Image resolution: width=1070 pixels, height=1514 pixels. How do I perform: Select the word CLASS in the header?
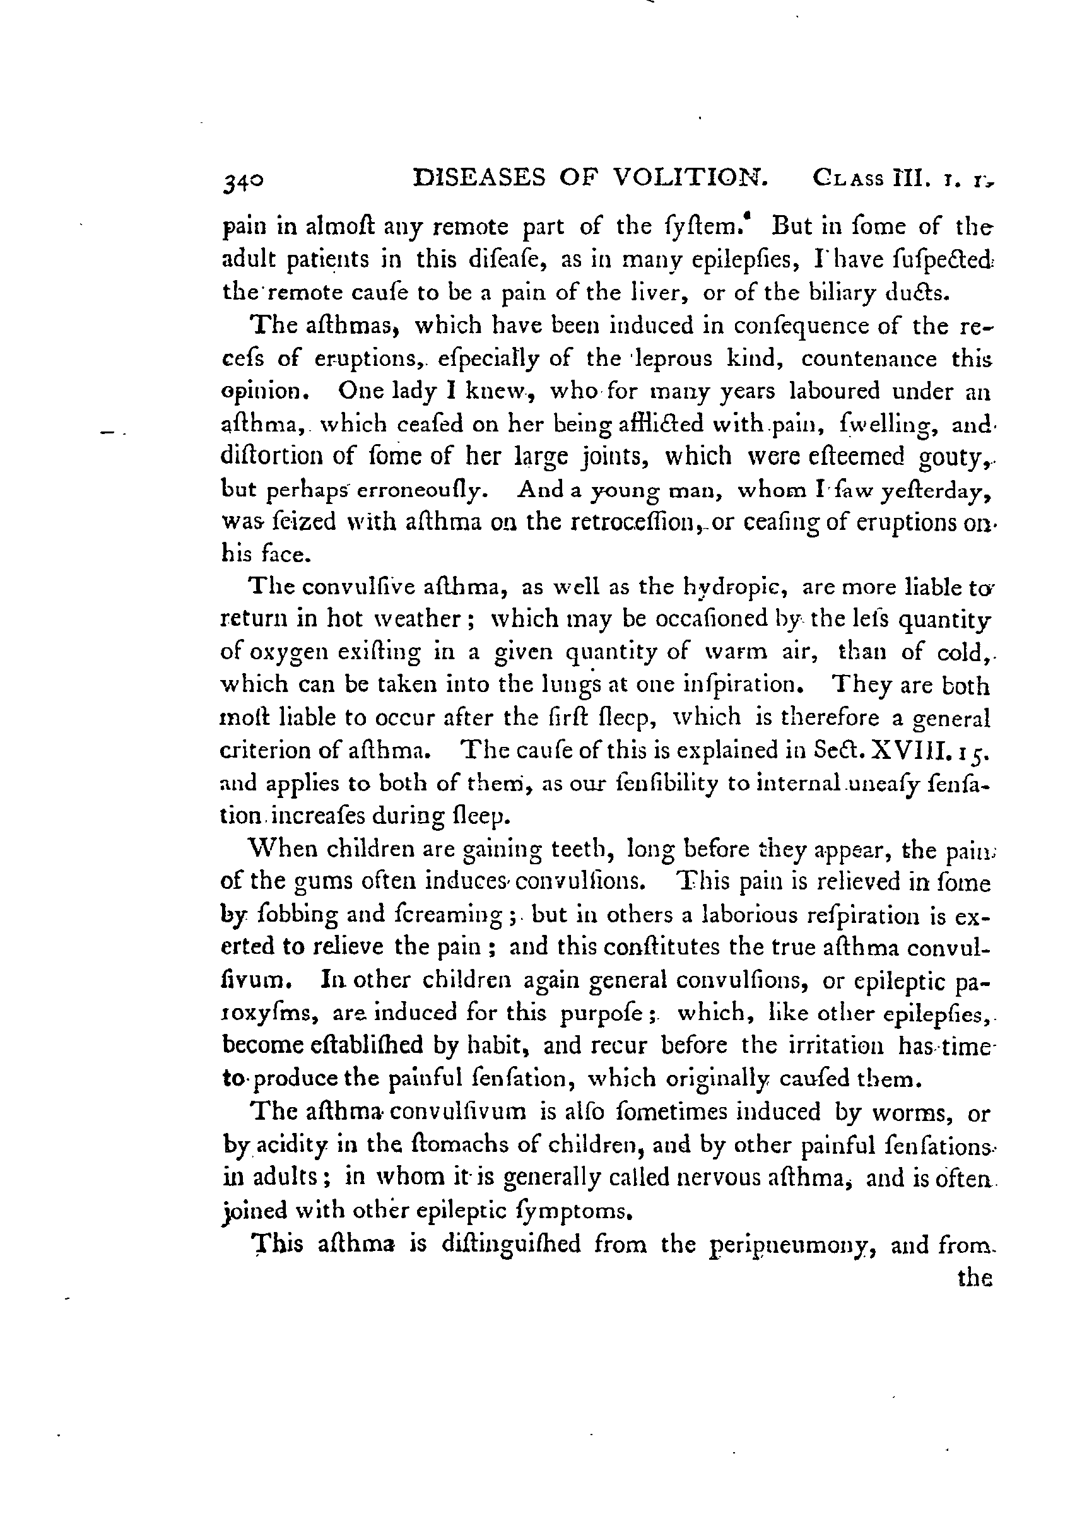849,179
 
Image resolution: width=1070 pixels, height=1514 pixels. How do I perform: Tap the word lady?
410,392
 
